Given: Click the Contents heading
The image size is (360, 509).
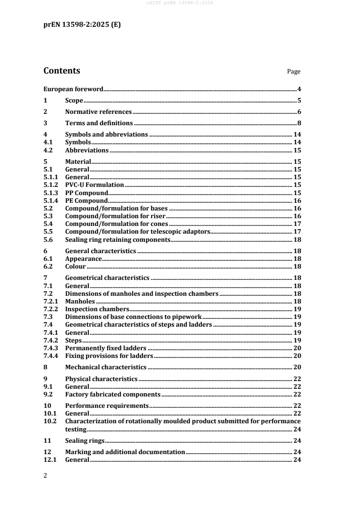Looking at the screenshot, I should (62, 71).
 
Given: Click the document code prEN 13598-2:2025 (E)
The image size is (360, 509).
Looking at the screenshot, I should (82, 25).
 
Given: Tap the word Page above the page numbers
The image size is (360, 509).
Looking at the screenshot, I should (294, 72).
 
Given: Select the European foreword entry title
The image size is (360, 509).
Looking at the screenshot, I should (74, 89).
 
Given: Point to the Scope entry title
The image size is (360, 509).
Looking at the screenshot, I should (74, 101).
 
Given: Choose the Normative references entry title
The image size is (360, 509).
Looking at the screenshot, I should (99, 112).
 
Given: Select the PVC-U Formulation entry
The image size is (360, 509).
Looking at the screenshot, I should (94, 185).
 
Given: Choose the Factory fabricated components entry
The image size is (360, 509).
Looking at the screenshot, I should (113, 394).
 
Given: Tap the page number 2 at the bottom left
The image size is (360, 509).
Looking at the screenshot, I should (44, 477).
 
